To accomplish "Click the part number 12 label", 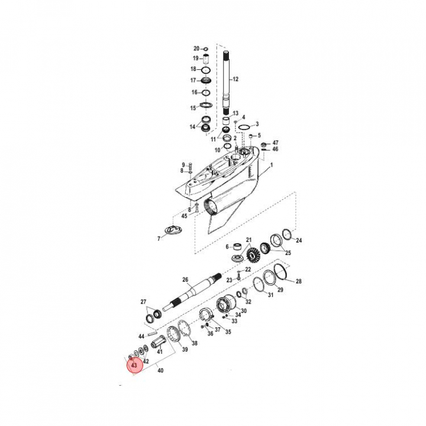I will click(235, 79).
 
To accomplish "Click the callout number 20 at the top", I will click(196, 49).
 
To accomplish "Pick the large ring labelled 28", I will click(280, 273).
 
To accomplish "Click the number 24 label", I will click(299, 240).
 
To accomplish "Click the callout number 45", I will click(184, 216).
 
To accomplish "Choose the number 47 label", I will click(275, 143).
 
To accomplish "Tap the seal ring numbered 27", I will click(153, 314).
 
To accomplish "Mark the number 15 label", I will click(193, 108).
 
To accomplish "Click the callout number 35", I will click(228, 332).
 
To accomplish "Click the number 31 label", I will click(270, 295).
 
